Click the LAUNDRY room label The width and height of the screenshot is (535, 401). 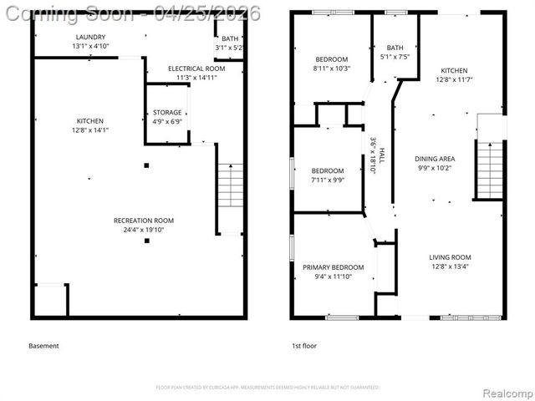coord(90,38)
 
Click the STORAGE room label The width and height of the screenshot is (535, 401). coord(167,112)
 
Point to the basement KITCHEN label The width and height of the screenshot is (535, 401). coord(90,121)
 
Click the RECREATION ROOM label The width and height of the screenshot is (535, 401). coord(144,221)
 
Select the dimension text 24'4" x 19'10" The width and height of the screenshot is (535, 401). coord(144,230)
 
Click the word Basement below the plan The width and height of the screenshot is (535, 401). coord(43,346)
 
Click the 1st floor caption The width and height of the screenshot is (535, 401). coord(303,346)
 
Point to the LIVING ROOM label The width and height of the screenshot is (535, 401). coord(450,257)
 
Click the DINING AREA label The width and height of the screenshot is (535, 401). coord(435,158)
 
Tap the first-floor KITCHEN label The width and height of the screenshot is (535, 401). coord(455,70)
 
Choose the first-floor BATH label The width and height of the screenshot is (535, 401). coord(395,48)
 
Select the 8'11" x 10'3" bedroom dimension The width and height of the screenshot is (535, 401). coord(332,68)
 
